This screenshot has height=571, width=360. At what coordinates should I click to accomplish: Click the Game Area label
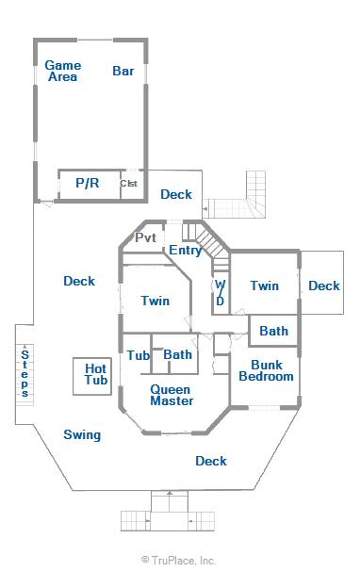pos(63,71)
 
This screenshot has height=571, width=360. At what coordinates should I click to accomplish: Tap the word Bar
pos(123,71)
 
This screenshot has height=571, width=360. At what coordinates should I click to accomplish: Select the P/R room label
pos(88,183)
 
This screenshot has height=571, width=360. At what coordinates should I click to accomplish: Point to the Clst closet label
pos(128,183)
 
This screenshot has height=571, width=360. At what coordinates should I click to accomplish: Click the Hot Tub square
pos(92,376)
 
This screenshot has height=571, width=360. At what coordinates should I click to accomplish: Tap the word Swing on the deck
pos(82,434)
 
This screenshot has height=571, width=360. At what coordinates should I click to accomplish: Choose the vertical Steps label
pos(25,373)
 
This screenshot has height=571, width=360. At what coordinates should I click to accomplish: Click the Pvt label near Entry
pos(145,237)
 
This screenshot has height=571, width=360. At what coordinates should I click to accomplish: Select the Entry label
pos(185,251)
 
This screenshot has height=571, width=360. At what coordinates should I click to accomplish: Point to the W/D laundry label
pos(221,293)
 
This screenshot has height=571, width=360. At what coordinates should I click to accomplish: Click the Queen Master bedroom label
pos(172,396)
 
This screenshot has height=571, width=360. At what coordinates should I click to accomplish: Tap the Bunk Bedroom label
pos(266,370)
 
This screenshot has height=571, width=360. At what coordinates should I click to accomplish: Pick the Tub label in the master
pos(139,355)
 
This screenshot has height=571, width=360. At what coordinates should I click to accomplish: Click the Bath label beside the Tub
pos(177,354)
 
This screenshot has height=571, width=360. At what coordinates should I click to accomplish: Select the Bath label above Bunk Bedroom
pos(273,331)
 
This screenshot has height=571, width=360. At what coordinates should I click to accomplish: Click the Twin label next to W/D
pos(264,285)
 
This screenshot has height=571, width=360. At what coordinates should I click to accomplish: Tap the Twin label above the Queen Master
pos(155,301)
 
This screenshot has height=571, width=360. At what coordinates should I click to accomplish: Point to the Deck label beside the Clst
pos(176,194)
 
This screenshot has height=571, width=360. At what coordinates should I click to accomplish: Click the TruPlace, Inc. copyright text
pos(178,560)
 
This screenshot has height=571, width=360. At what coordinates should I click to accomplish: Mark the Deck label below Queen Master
pos(211,461)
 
